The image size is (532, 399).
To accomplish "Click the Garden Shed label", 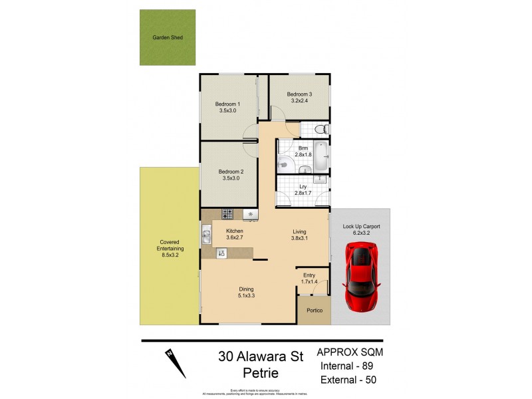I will click(168, 38).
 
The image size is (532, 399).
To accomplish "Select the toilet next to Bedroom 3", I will click(320, 128).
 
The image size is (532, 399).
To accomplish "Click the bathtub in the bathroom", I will click(321, 157).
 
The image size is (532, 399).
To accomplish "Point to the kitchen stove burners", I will click(227, 214).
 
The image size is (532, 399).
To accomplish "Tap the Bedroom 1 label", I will click(227, 104).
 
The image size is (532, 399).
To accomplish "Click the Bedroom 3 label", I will click(299, 94).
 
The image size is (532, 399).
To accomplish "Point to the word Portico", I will click(314, 311).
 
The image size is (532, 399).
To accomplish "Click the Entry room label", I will click(310, 274).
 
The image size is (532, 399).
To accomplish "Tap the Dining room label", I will click(247, 289).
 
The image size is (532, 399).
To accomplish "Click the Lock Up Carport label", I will click(361, 227).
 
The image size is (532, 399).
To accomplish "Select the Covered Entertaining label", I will click(170, 245).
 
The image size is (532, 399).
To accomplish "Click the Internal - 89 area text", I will click(349, 366).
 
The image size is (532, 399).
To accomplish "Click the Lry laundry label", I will click(303, 187).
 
